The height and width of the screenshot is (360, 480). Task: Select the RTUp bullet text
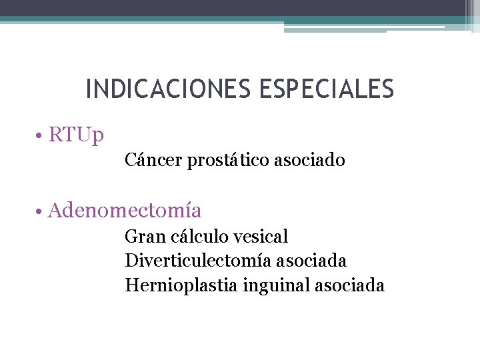(x=77, y=135)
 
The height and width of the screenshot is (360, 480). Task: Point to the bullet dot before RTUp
(x=41, y=135)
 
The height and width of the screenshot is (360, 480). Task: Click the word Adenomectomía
(x=125, y=211)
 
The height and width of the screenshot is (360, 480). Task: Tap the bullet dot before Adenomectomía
(x=41, y=211)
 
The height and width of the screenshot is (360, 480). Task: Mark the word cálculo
(x=197, y=236)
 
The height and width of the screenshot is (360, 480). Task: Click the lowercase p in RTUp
(x=98, y=137)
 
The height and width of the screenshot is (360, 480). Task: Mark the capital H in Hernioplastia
(x=131, y=285)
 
